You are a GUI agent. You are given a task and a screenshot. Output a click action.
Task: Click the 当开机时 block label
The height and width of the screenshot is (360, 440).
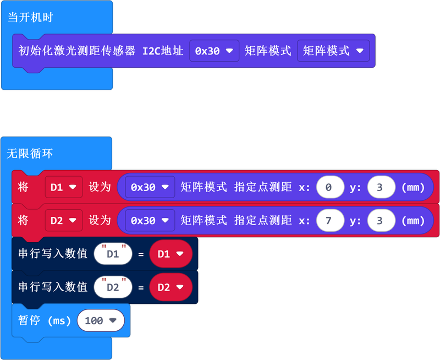coord(31,17)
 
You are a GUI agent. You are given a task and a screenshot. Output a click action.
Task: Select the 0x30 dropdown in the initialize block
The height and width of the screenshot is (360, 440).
coord(214,51)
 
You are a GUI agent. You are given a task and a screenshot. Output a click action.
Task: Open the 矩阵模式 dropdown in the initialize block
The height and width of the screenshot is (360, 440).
coord(333,51)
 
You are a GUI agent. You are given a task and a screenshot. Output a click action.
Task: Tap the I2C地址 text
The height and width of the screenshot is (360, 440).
coord(163,51)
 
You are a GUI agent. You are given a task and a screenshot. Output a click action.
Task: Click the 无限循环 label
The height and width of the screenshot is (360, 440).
coord(30,154)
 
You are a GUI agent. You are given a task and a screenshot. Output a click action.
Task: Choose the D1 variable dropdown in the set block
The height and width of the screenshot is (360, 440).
coord(63,187)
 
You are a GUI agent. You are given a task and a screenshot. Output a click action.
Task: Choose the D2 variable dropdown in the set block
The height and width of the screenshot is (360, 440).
coord(63,220)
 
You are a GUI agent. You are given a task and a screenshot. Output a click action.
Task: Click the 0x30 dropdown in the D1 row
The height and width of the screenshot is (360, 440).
coord(150,187)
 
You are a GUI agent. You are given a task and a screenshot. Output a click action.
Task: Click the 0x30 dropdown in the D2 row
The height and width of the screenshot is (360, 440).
coord(150,220)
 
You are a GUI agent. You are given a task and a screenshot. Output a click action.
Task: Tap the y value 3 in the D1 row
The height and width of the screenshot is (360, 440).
coord(381,187)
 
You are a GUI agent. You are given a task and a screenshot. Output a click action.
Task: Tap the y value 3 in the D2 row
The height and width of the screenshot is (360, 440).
coord(381,220)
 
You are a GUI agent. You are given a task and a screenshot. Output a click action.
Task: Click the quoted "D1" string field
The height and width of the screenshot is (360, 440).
coord(113,254)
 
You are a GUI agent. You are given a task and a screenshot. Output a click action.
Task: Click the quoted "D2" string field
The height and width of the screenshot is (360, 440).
coord(113,287)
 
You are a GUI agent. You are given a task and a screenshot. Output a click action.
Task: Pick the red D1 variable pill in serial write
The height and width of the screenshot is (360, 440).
coord(170,254)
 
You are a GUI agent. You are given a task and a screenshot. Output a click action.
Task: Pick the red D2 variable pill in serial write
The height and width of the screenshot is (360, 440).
coord(170,287)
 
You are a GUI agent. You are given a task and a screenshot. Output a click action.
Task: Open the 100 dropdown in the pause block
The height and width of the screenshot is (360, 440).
coord(101,320)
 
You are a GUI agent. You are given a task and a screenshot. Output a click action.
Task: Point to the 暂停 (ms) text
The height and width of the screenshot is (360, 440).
coord(45,320)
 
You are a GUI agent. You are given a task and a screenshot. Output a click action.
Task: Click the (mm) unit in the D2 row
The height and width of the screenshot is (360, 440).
coord(414,220)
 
